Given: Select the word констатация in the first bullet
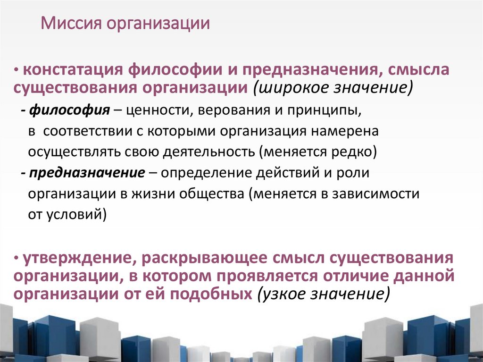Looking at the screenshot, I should [x=73, y=71].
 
